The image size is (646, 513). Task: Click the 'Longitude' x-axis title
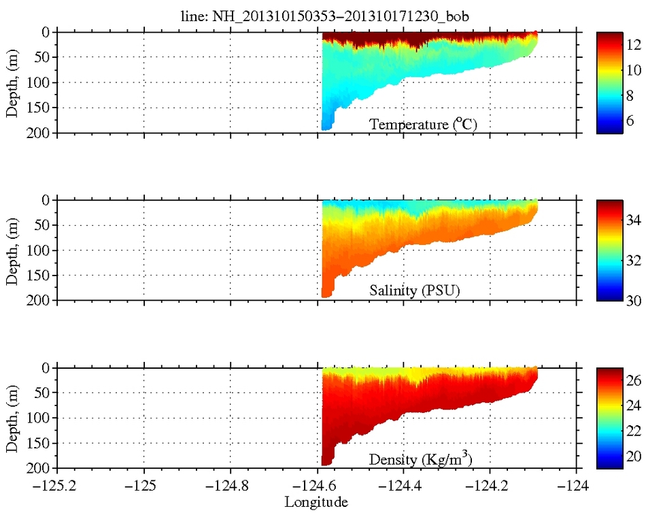pos(316,503)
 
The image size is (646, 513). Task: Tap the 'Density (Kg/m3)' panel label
pos(420,459)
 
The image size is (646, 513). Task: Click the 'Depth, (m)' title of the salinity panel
pos(12,250)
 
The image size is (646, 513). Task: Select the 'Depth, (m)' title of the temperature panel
pos(12,82)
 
